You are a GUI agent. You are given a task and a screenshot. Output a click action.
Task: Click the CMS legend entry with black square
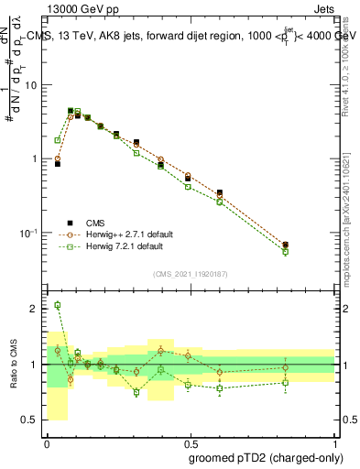95,223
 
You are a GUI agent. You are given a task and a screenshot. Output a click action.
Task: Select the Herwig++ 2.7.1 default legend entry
123,234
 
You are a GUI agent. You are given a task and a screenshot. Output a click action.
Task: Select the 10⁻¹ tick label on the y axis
28,233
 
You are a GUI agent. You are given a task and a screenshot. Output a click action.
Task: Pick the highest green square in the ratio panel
58,305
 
